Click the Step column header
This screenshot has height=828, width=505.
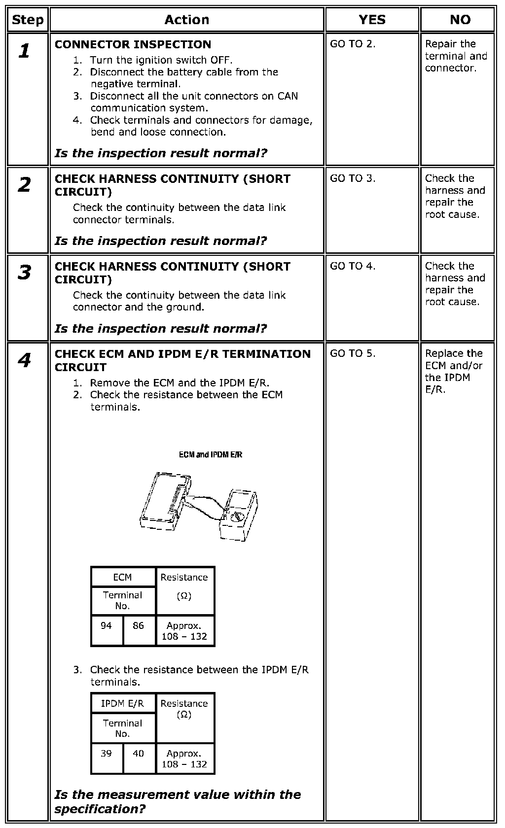28,20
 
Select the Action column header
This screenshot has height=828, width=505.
186,20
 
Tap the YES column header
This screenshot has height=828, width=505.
372,20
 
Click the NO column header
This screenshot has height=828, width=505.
460,20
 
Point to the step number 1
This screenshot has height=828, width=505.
24,51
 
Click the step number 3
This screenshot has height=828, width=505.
24,273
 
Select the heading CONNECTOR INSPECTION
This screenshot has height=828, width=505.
133,44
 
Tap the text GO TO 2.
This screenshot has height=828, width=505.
353,44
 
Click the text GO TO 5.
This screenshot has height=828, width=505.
353,353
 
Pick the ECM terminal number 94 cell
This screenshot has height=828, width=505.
107,626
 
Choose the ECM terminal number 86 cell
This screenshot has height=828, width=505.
139,626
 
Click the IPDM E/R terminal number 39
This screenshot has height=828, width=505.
107,754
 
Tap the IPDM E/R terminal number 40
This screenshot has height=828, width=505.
139,754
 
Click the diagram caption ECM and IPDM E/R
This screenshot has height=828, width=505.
211,454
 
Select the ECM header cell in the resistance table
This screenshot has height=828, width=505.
123,577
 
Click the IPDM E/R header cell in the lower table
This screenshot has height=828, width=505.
123,703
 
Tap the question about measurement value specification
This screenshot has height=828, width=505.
178,801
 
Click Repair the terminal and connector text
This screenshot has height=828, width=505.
456,56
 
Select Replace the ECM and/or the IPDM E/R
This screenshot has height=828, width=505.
454,371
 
